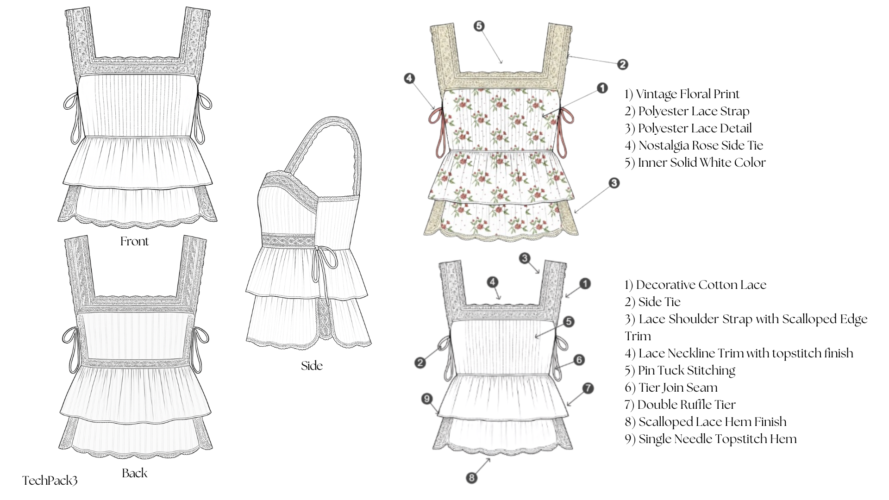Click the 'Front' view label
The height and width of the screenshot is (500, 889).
click(x=134, y=241)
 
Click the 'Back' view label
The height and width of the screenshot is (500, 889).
click(x=134, y=473)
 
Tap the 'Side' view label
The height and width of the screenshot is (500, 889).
click(x=312, y=366)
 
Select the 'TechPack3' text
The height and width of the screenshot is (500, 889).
click(x=50, y=481)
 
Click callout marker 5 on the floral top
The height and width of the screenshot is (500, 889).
click(x=479, y=26)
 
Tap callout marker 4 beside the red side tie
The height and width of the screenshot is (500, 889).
click(x=409, y=78)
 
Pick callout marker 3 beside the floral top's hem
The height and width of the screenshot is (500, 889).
click(x=614, y=183)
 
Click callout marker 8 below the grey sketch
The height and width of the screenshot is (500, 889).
click(x=471, y=478)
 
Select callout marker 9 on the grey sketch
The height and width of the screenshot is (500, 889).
click(x=427, y=399)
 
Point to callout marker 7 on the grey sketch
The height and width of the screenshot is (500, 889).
click(x=588, y=388)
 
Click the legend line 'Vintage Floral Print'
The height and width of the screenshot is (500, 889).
click(x=682, y=94)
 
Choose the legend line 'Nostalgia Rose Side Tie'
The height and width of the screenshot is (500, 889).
click(x=694, y=145)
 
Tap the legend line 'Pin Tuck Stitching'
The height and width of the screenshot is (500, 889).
click(x=680, y=370)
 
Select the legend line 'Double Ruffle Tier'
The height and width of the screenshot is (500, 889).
click(x=680, y=405)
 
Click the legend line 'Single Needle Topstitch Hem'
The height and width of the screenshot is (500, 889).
click(x=710, y=439)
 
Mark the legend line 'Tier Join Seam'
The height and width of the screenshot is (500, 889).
click(x=671, y=387)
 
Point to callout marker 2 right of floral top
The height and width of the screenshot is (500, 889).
click(x=622, y=64)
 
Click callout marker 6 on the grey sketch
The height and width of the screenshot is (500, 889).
click(x=579, y=360)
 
